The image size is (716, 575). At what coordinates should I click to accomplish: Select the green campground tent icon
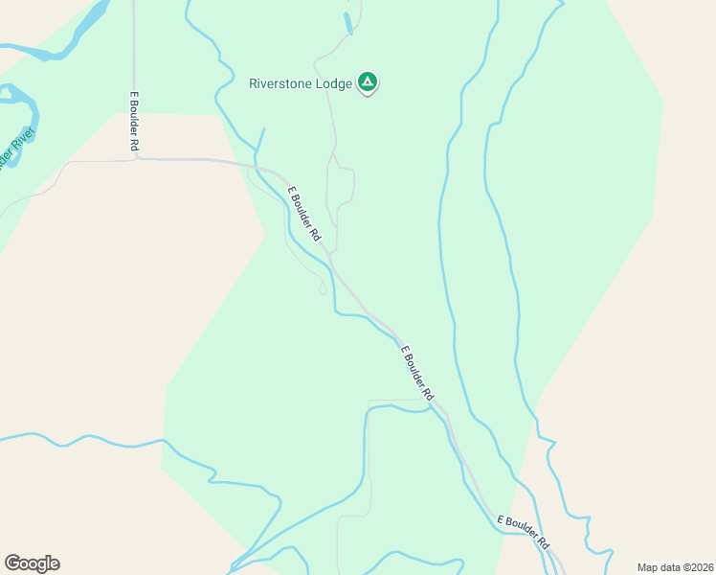368,82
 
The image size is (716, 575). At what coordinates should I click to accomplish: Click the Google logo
32,563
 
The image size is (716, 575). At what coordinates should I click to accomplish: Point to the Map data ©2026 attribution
675,567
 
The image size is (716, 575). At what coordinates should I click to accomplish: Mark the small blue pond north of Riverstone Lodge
349,22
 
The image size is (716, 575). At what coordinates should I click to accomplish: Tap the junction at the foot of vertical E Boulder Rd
136,158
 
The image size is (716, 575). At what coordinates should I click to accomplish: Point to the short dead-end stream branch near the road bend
260,138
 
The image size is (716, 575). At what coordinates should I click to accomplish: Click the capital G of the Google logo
12,563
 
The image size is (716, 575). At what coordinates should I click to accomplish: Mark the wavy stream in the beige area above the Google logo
86,443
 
